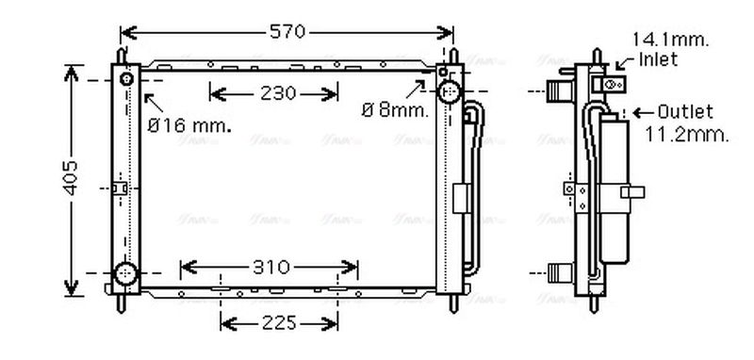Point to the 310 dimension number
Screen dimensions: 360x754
pos(270,267)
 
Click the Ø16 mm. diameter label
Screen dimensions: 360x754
pos(188,123)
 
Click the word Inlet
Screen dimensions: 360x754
pos(660,58)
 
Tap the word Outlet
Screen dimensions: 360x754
pos(685,111)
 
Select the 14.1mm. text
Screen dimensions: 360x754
pos(670,40)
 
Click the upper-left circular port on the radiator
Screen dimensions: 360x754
pos(125,77)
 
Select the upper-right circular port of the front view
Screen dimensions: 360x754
pos(450,91)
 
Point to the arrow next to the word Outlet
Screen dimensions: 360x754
pos(645,112)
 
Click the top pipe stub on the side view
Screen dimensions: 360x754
pos(562,92)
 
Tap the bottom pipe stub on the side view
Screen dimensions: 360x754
pos(562,275)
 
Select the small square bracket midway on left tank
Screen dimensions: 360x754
pos(118,188)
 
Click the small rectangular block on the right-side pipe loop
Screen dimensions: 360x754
pos(459,198)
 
